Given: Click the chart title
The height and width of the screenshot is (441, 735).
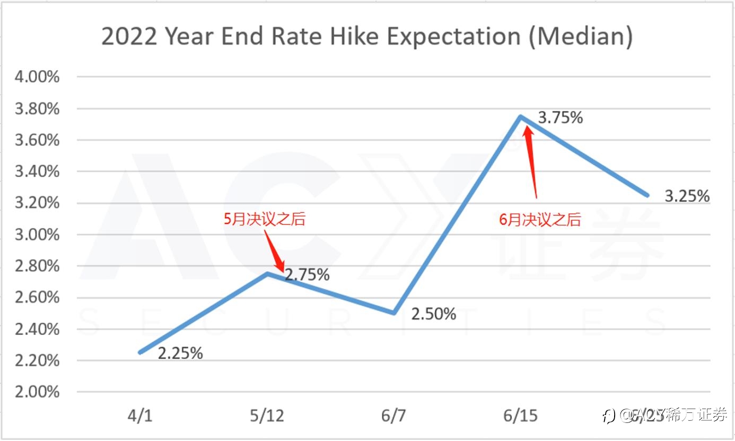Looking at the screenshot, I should coord(367,37).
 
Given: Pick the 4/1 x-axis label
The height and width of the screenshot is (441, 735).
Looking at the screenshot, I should coord(139,416).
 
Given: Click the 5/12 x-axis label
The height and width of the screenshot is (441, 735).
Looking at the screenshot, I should coord(266,416).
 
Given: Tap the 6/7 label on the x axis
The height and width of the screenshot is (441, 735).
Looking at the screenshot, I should coord(393,416).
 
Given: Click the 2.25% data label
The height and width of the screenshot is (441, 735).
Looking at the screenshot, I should coord(180,353).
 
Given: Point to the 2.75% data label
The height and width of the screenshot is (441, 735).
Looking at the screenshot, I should coord(307,275).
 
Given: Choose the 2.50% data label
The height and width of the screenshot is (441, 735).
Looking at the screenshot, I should coord(433,314).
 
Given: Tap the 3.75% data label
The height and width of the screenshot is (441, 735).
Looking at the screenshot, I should coord(560,118).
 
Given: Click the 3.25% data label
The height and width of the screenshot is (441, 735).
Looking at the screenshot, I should coord(687,196).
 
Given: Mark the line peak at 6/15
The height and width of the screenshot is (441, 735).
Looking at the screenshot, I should coord(521,117).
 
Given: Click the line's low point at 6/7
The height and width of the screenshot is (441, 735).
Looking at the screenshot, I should coord(394,313).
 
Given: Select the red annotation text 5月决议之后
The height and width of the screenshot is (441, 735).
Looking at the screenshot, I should coord(264,219).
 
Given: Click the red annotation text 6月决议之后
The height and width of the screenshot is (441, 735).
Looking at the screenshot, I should coord(540,220).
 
